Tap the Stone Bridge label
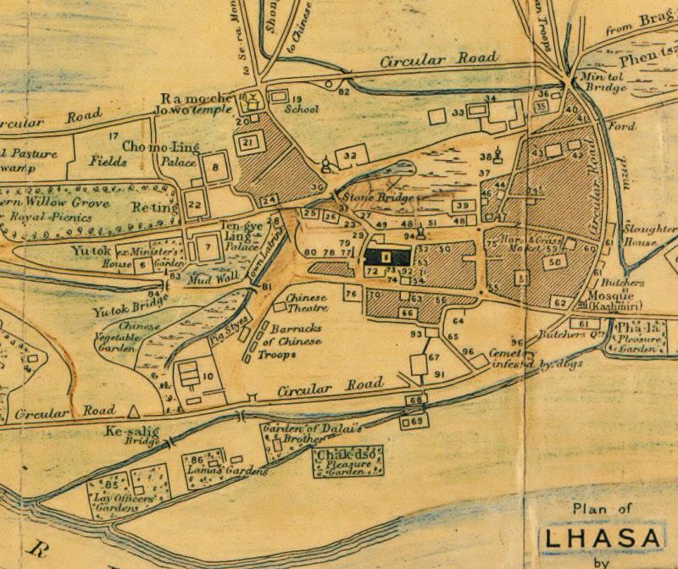coord(379,198)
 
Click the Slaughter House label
coord(649,235)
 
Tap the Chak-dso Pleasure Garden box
coord(348,462)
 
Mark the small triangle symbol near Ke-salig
coord(132,412)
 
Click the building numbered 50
coord(556,263)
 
